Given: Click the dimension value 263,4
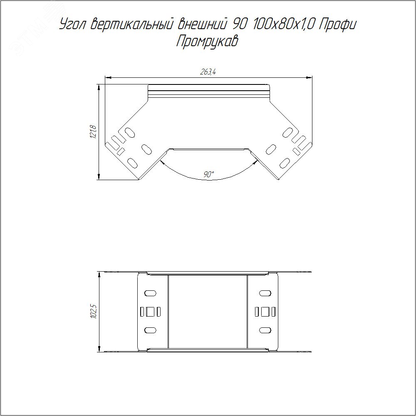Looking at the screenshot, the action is click(208, 72).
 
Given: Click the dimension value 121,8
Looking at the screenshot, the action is click(93, 132).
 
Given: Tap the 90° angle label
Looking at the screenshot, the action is click(208, 174).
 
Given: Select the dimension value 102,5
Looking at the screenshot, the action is click(93, 312).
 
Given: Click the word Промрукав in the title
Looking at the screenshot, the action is click(207, 42).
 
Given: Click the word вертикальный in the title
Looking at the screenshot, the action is click(131, 25).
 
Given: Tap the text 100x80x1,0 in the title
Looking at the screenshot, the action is click(283, 25).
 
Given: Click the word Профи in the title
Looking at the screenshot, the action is click(337, 25).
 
